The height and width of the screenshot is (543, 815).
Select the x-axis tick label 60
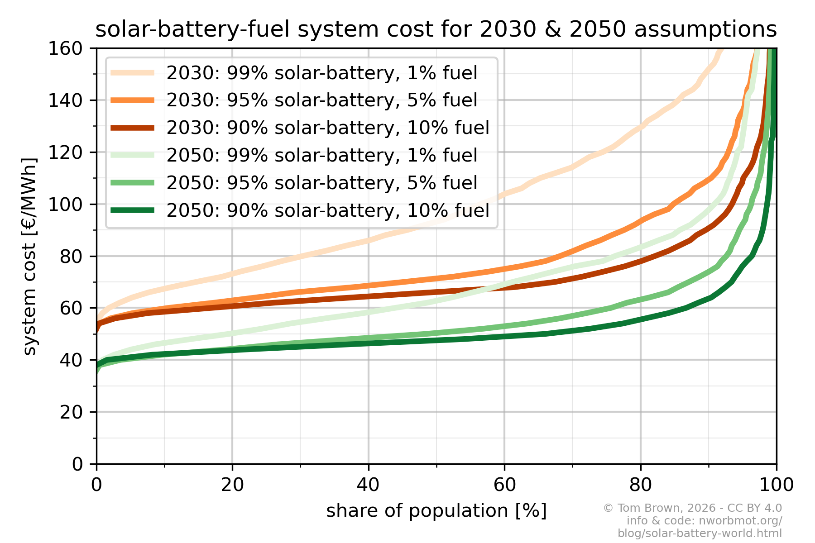pos(504,485)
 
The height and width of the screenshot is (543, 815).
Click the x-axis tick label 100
pos(776,485)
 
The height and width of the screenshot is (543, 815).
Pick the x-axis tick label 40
pos(368,485)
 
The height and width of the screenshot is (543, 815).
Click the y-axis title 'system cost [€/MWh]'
pos(30,256)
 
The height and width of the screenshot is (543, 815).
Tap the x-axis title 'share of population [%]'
pos(436,510)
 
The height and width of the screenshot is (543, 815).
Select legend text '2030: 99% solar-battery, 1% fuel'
pos(321,73)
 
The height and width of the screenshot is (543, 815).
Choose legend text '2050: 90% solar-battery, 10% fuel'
pos(328,210)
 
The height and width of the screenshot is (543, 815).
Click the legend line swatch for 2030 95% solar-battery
pos(133,100)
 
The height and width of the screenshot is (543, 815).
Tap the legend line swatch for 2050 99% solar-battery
pos(133,155)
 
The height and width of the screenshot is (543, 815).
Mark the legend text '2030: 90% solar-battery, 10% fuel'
pos(328,128)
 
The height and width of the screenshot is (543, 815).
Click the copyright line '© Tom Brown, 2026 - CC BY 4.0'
pos(692,508)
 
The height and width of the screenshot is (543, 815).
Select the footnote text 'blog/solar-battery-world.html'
pos(700,533)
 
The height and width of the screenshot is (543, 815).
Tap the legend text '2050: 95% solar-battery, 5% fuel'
pos(321,183)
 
